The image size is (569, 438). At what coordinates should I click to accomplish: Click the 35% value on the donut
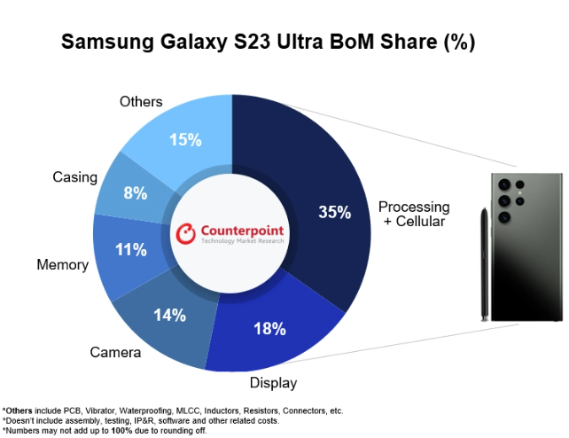click(x=335, y=213)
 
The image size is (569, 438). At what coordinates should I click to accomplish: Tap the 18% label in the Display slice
click(x=269, y=329)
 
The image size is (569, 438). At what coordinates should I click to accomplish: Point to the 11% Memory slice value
click(x=130, y=250)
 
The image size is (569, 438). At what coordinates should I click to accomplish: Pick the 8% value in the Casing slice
click(x=135, y=192)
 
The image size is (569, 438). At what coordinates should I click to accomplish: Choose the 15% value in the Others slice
click(x=185, y=140)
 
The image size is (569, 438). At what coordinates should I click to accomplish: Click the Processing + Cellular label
click(x=414, y=214)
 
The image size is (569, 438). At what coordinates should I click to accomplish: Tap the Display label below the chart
click(x=273, y=383)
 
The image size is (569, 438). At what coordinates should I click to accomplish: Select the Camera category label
click(x=115, y=353)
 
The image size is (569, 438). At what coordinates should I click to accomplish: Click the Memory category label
click(x=62, y=265)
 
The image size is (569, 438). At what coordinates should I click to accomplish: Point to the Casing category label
click(x=74, y=177)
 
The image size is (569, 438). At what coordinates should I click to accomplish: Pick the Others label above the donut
click(x=141, y=102)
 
